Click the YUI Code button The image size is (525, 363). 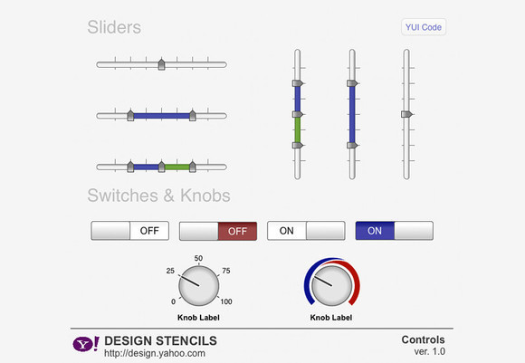coord(424,27)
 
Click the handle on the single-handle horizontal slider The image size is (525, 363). coord(161,64)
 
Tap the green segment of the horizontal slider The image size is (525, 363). coord(177,167)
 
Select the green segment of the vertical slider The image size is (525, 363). coord(297,130)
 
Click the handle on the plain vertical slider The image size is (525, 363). coord(406,114)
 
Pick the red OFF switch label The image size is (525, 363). coord(237,231)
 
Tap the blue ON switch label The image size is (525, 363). coord(375,231)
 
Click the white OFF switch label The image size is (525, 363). coord(149,231)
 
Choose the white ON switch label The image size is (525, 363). coord(287,231)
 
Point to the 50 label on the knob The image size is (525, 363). coord(198,258)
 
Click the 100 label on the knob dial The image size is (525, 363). coord(226,301)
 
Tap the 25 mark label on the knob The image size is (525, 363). coord(170,271)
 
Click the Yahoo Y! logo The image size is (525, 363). coord(86,344)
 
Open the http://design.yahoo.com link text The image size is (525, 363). coord(155,353)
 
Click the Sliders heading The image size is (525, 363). coord(114,27)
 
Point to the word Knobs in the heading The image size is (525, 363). coord(205,196)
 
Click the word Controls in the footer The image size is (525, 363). coord(424,339)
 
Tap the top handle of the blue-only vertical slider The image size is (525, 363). coord(352,83)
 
